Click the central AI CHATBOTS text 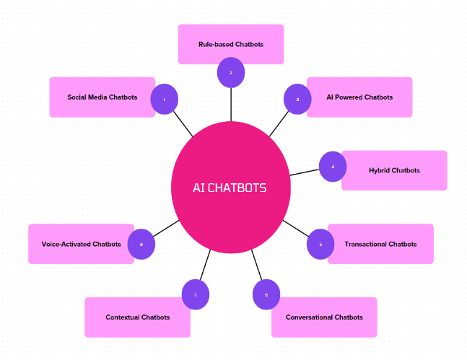click(230, 188)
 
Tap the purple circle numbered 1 click(164, 100)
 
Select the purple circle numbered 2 click(231, 72)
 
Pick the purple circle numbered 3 click(297, 100)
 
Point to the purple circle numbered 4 click(333, 167)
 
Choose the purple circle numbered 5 click(320, 245)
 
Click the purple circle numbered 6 click(266, 294)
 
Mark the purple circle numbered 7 click(195, 294)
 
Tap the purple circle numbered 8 click(141, 245)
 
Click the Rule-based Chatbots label click(231, 44)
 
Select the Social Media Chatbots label click(102, 97)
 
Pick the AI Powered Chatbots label click(359, 97)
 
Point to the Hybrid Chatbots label click(394, 170)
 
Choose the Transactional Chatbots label click(380, 244)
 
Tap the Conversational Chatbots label click(324, 317)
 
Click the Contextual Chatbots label click(138, 317)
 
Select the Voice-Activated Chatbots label click(82, 244)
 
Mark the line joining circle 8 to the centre click(166, 227)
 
